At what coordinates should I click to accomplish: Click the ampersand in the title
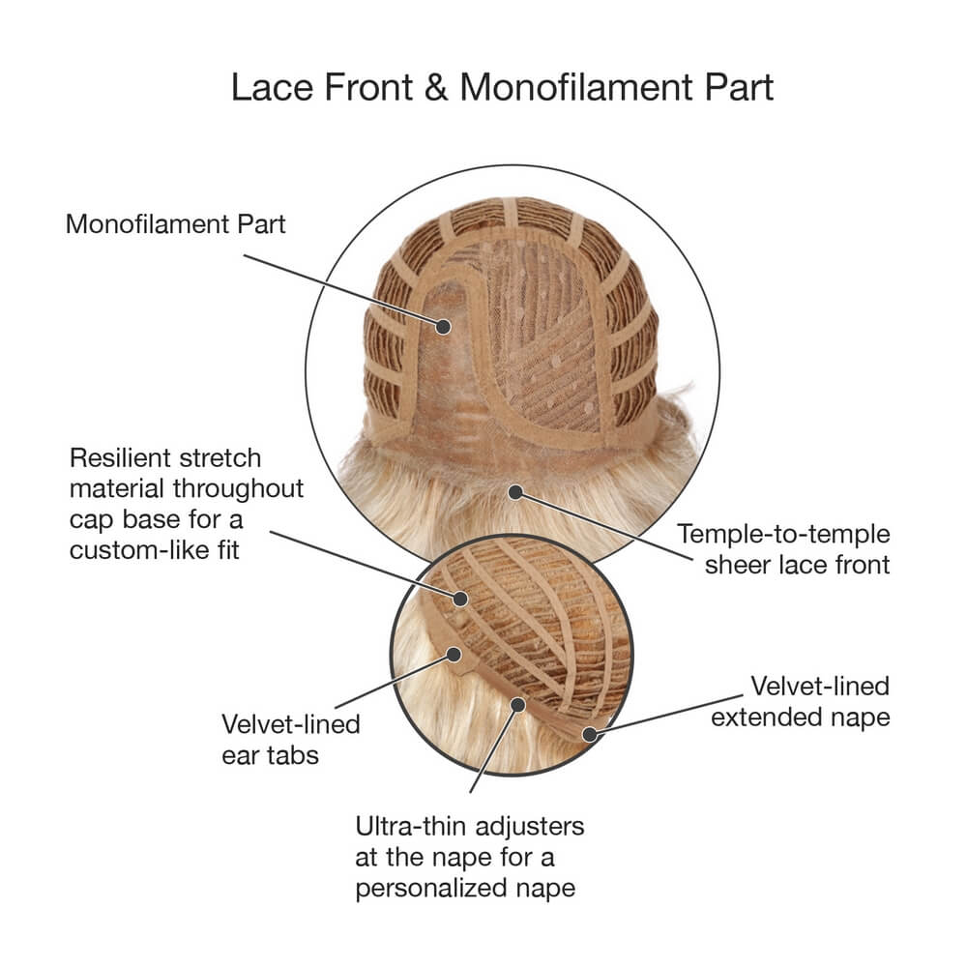pos(435,87)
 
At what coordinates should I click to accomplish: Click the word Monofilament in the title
pos(576,87)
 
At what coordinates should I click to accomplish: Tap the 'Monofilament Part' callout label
pos(175,224)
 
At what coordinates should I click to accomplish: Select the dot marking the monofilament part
pos(443,326)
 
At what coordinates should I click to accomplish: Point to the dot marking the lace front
pos(515,492)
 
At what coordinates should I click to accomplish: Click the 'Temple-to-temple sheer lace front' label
pos(783,549)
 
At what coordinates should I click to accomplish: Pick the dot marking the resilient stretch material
pos(460,599)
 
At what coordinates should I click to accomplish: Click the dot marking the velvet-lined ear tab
pos(454,655)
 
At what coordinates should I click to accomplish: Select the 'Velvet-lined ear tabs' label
pos(290,740)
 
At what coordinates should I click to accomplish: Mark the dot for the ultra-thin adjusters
pos(518,704)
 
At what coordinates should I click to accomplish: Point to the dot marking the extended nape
pos(590,735)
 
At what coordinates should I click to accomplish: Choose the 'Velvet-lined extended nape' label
pos(801,701)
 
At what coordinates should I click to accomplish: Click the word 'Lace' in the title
pos(272,87)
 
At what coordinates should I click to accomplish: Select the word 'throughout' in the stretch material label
pos(239,489)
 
